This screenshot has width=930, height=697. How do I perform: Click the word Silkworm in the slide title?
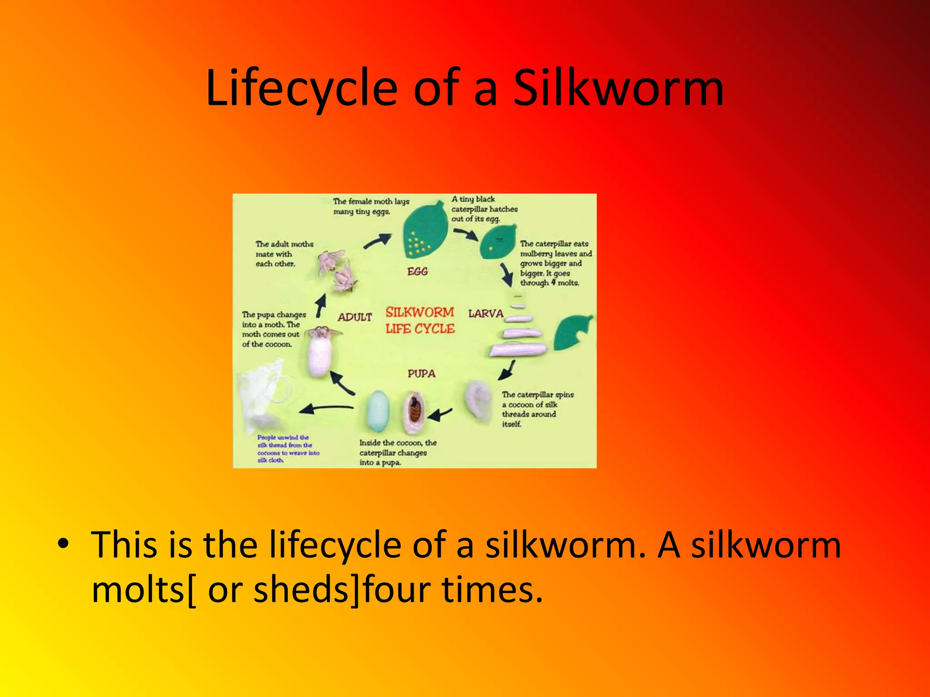point(618,88)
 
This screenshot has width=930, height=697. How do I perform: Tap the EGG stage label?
point(417,272)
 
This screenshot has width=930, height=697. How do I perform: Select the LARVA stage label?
point(486,314)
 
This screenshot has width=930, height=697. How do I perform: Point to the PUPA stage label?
point(421,373)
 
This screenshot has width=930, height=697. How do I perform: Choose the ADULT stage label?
point(355,317)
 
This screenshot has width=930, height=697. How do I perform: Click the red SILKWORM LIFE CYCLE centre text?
point(420,320)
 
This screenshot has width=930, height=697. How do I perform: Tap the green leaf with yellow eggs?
point(425,231)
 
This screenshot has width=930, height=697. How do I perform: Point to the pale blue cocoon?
point(377,411)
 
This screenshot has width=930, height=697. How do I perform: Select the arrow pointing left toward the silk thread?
point(326,408)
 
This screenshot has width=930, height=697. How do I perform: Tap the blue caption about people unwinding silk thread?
point(288,449)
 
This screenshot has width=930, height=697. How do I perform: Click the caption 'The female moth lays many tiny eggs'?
point(371,206)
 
